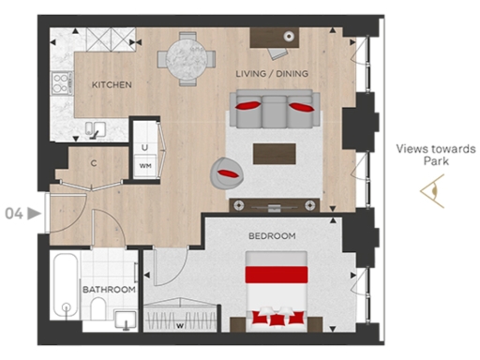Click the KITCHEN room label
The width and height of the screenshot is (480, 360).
111,85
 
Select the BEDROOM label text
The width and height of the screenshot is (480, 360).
272,235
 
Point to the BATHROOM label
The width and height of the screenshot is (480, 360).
109,290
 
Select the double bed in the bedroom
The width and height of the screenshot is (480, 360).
277,289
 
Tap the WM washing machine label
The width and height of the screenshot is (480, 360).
145,166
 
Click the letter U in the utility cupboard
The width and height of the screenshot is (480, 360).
145,147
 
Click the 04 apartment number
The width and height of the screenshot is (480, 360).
13,213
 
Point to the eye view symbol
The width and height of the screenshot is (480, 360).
432,191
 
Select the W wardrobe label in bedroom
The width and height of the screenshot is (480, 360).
179,327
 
